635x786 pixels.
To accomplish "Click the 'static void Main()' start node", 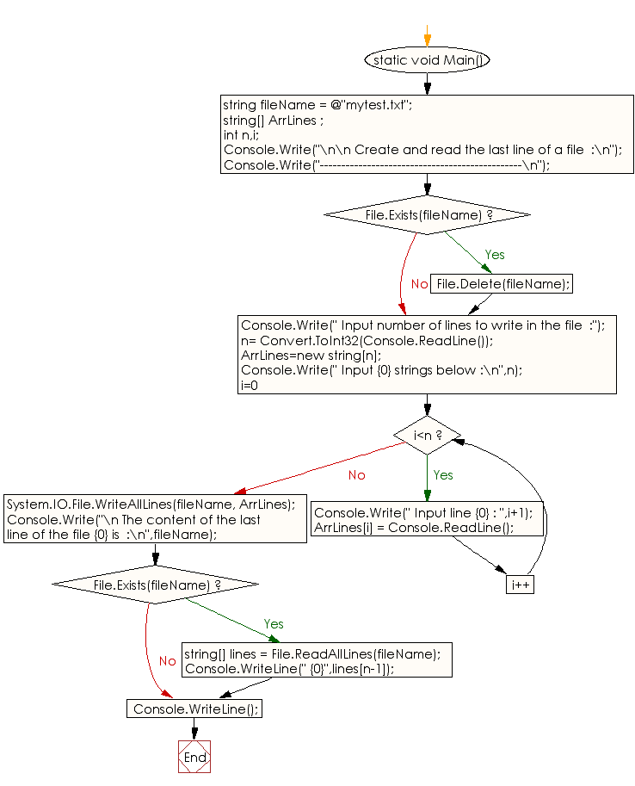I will click(427, 60).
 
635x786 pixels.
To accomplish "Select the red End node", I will click(194, 757).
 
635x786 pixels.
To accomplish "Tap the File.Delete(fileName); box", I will click(502, 284).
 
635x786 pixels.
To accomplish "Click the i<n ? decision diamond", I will click(427, 436).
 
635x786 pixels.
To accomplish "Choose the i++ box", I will click(520, 585).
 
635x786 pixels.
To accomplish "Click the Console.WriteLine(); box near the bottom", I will click(194, 708).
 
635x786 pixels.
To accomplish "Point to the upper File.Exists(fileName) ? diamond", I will click(427, 215).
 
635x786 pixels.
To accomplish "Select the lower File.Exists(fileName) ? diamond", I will click(155, 585).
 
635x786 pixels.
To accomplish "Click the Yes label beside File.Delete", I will click(495, 255).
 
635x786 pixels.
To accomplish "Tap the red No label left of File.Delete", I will click(419, 284).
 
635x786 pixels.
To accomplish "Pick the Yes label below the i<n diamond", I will click(442, 475).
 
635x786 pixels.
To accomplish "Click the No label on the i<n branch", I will click(356, 475).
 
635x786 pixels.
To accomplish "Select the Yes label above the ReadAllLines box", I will click(274, 624).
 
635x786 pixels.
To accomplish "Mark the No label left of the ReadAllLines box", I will click(167, 661).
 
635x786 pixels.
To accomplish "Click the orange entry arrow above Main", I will click(427, 35).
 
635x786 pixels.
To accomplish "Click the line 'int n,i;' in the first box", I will click(243, 135).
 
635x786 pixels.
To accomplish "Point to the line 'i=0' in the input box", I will click(250, 385).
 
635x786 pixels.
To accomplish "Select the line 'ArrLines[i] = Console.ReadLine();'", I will click(414, 528).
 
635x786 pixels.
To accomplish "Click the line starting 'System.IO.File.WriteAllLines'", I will click(151, 504).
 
